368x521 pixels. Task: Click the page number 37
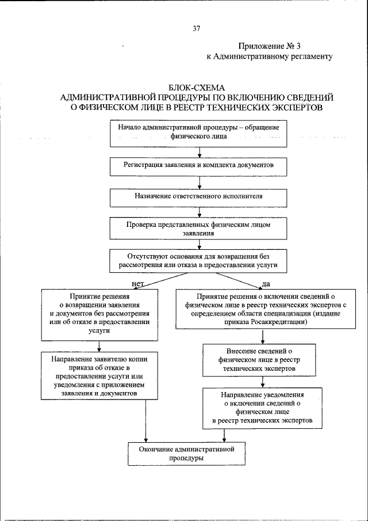[196, 28]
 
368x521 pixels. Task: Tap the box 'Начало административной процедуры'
[198, 132]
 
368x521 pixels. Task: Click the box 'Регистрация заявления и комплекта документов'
[198, 165]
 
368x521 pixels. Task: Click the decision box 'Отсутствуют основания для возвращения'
[198, 260]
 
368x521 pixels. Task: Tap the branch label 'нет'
[137, 284]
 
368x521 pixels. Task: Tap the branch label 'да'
[266, 284]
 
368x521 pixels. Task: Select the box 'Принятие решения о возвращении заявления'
[100, 314]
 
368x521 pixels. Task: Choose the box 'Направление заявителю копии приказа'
[100, 375]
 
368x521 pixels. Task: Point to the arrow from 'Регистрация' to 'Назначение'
[199, 182]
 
